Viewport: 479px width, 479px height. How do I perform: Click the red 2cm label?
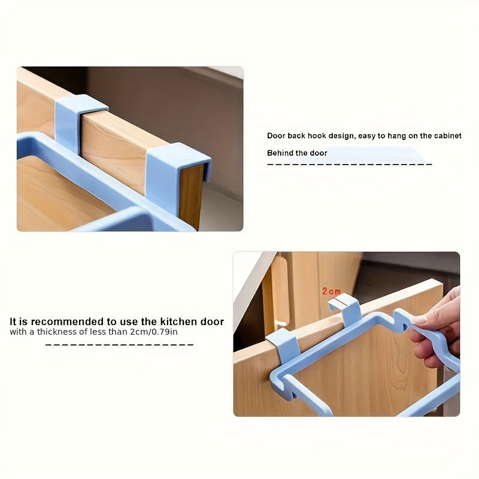[331, 291]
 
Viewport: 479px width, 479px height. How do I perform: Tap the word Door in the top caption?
[276, 136]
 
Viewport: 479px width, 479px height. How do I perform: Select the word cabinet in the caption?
[448, 136]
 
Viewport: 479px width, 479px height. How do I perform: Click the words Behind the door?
[297, 153]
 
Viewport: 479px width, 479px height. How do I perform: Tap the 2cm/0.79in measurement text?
[154, 332]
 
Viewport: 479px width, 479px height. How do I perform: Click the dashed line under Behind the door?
[350, 164]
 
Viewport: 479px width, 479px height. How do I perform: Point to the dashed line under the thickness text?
[119, 345]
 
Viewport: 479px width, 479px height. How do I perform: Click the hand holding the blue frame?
[435, 328]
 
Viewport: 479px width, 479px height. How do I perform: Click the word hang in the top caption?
[397, 137]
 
